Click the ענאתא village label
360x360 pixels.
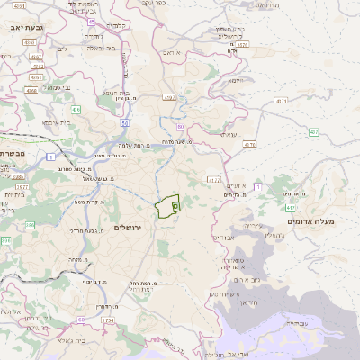click(x=226, y=133)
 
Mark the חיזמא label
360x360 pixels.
click(x=237, y=80)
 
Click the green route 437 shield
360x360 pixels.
click(x=314, y=132)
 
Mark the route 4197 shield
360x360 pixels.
click(x=168, y=96)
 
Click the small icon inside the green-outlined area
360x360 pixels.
click(x=175, y=206)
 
